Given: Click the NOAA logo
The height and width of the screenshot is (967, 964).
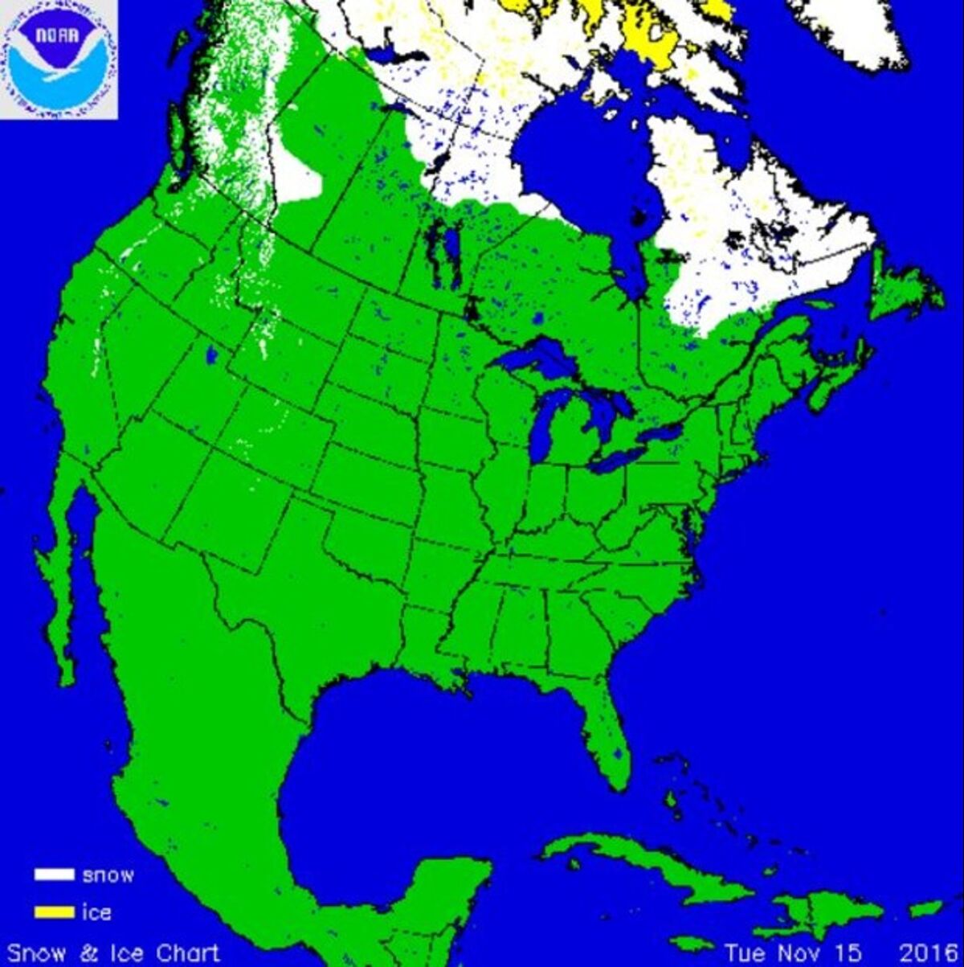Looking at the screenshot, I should tap(59, 59).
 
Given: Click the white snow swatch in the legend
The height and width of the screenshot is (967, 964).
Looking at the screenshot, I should tap(53, 875).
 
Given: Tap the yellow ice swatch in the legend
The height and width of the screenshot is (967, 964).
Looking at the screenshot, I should tap(53, 912).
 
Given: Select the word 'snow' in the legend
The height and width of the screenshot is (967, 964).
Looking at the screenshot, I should tap(108, 875).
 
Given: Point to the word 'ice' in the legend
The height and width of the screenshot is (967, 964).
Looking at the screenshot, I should tap(97, 912).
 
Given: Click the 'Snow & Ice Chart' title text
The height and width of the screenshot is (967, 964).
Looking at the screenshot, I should tap(113, 953).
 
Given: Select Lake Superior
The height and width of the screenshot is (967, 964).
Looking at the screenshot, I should tap(534, 358).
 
